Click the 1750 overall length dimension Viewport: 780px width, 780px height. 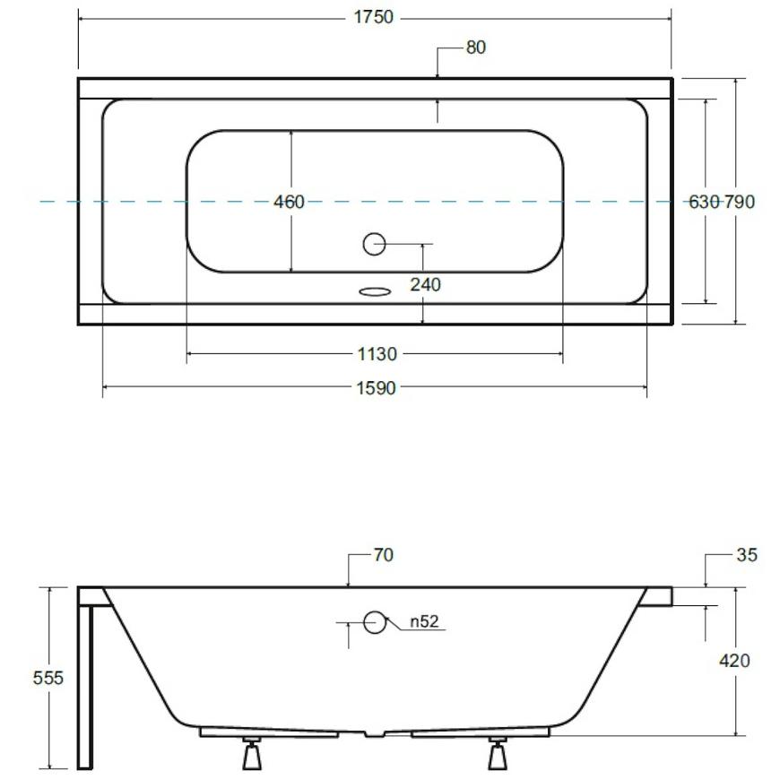pos(373,17)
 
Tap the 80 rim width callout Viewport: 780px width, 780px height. pos(475,48)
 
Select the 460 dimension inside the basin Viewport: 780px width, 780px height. pos(289,202)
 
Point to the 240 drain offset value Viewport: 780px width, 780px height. pos(425,285)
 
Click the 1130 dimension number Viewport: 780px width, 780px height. pos(377,354)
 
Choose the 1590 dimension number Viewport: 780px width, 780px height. pos(376,388)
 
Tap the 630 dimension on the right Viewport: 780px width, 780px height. pos(704,202)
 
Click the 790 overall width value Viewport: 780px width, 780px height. pos(740,202)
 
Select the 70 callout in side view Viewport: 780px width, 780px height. pos(383,555)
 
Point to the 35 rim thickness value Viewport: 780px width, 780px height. pos(747,555)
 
